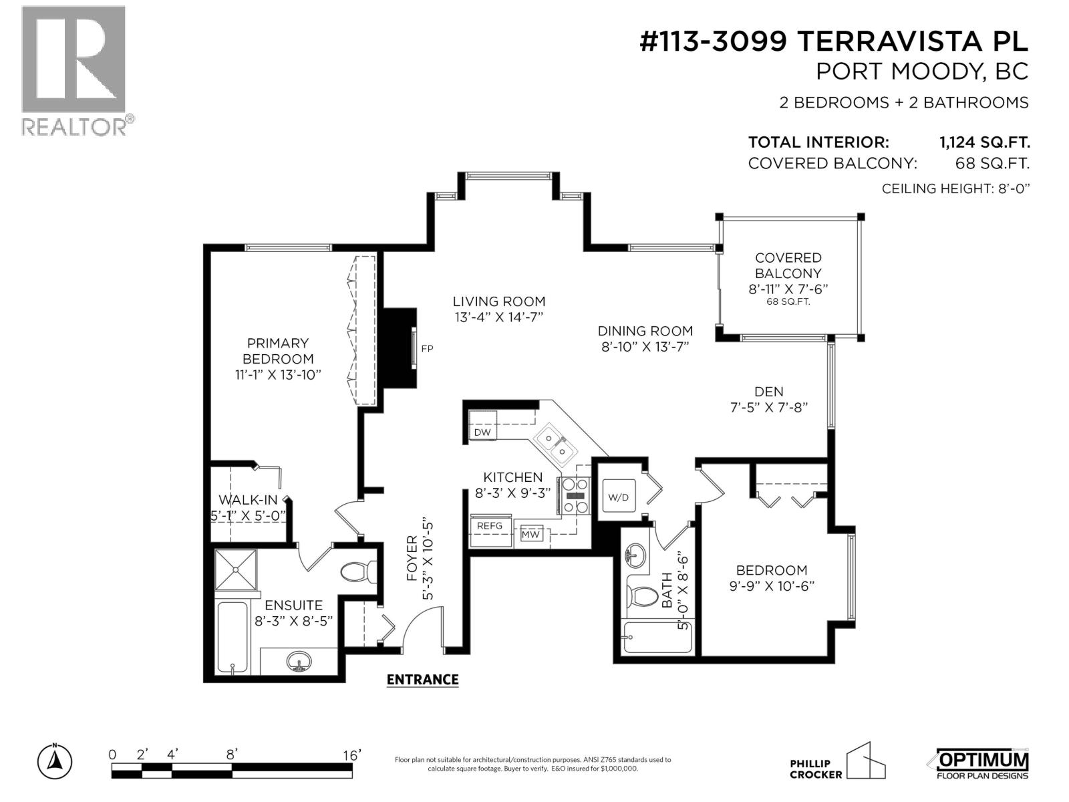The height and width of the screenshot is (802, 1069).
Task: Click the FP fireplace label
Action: (427, 348)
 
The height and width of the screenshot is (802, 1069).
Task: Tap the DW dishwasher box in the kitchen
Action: (482, 432)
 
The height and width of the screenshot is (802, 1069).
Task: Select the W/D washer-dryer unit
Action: (617, 497)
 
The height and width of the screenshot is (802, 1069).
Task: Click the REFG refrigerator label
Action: (490, 526)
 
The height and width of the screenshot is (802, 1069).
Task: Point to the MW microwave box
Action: (530, 534)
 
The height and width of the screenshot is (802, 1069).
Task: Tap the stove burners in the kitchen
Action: (575, 495)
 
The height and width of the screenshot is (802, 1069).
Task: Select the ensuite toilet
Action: (357, 572)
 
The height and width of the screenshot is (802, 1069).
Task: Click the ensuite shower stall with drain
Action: (235, 569)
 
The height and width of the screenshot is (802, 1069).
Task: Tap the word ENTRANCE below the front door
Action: (422, 680)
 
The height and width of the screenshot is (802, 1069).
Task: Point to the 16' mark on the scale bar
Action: (350, 755)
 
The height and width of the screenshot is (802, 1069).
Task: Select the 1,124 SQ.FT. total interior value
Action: (984, 142)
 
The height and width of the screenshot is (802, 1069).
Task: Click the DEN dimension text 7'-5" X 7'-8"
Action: (769, 407)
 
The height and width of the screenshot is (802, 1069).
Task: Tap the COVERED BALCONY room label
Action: (788, 265)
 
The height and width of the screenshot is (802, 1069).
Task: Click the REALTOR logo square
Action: (73, 59)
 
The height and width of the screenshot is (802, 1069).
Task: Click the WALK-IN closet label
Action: (248, 500)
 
